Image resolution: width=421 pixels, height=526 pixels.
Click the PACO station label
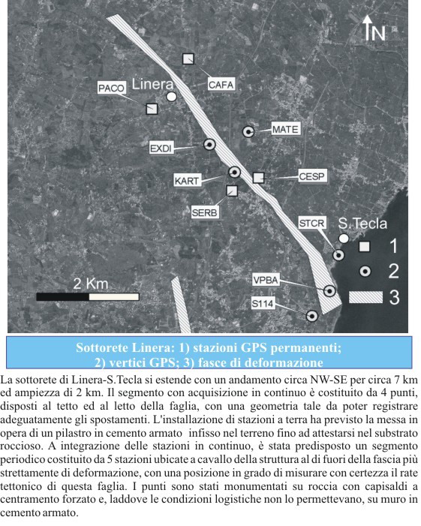[x=110, y=89]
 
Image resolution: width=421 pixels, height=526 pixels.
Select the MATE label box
[x=285, y=129]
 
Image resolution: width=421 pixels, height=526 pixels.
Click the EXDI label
[x=161, y=149]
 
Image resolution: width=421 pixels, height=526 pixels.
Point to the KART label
[x=186, y=181]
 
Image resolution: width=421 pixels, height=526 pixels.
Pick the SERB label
[x=204, y=212]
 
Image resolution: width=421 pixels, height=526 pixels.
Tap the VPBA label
[x=266, y=280]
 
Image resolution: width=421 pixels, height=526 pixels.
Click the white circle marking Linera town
[x=172, y=97]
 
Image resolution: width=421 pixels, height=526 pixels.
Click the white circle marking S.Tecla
[x=344, y=238]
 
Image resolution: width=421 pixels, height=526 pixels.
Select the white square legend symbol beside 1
[x=365, y=246]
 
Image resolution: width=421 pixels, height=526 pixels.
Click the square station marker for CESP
[x=259, y=177]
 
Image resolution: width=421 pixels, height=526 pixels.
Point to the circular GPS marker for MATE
[x=248, y=131]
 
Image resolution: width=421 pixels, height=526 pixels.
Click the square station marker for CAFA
[x=188, y=59]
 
